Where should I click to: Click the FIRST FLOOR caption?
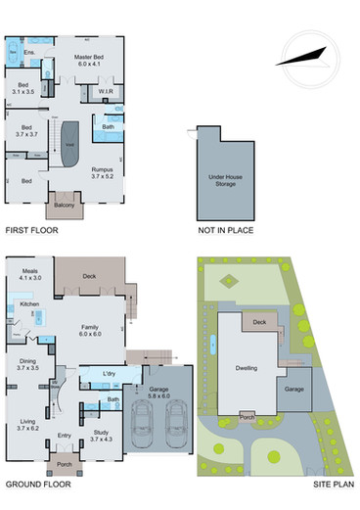coord(31,231)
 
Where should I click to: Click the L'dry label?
coord(110,374)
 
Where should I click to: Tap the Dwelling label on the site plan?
coord(246,369)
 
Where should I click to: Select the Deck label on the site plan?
coord(259,321)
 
